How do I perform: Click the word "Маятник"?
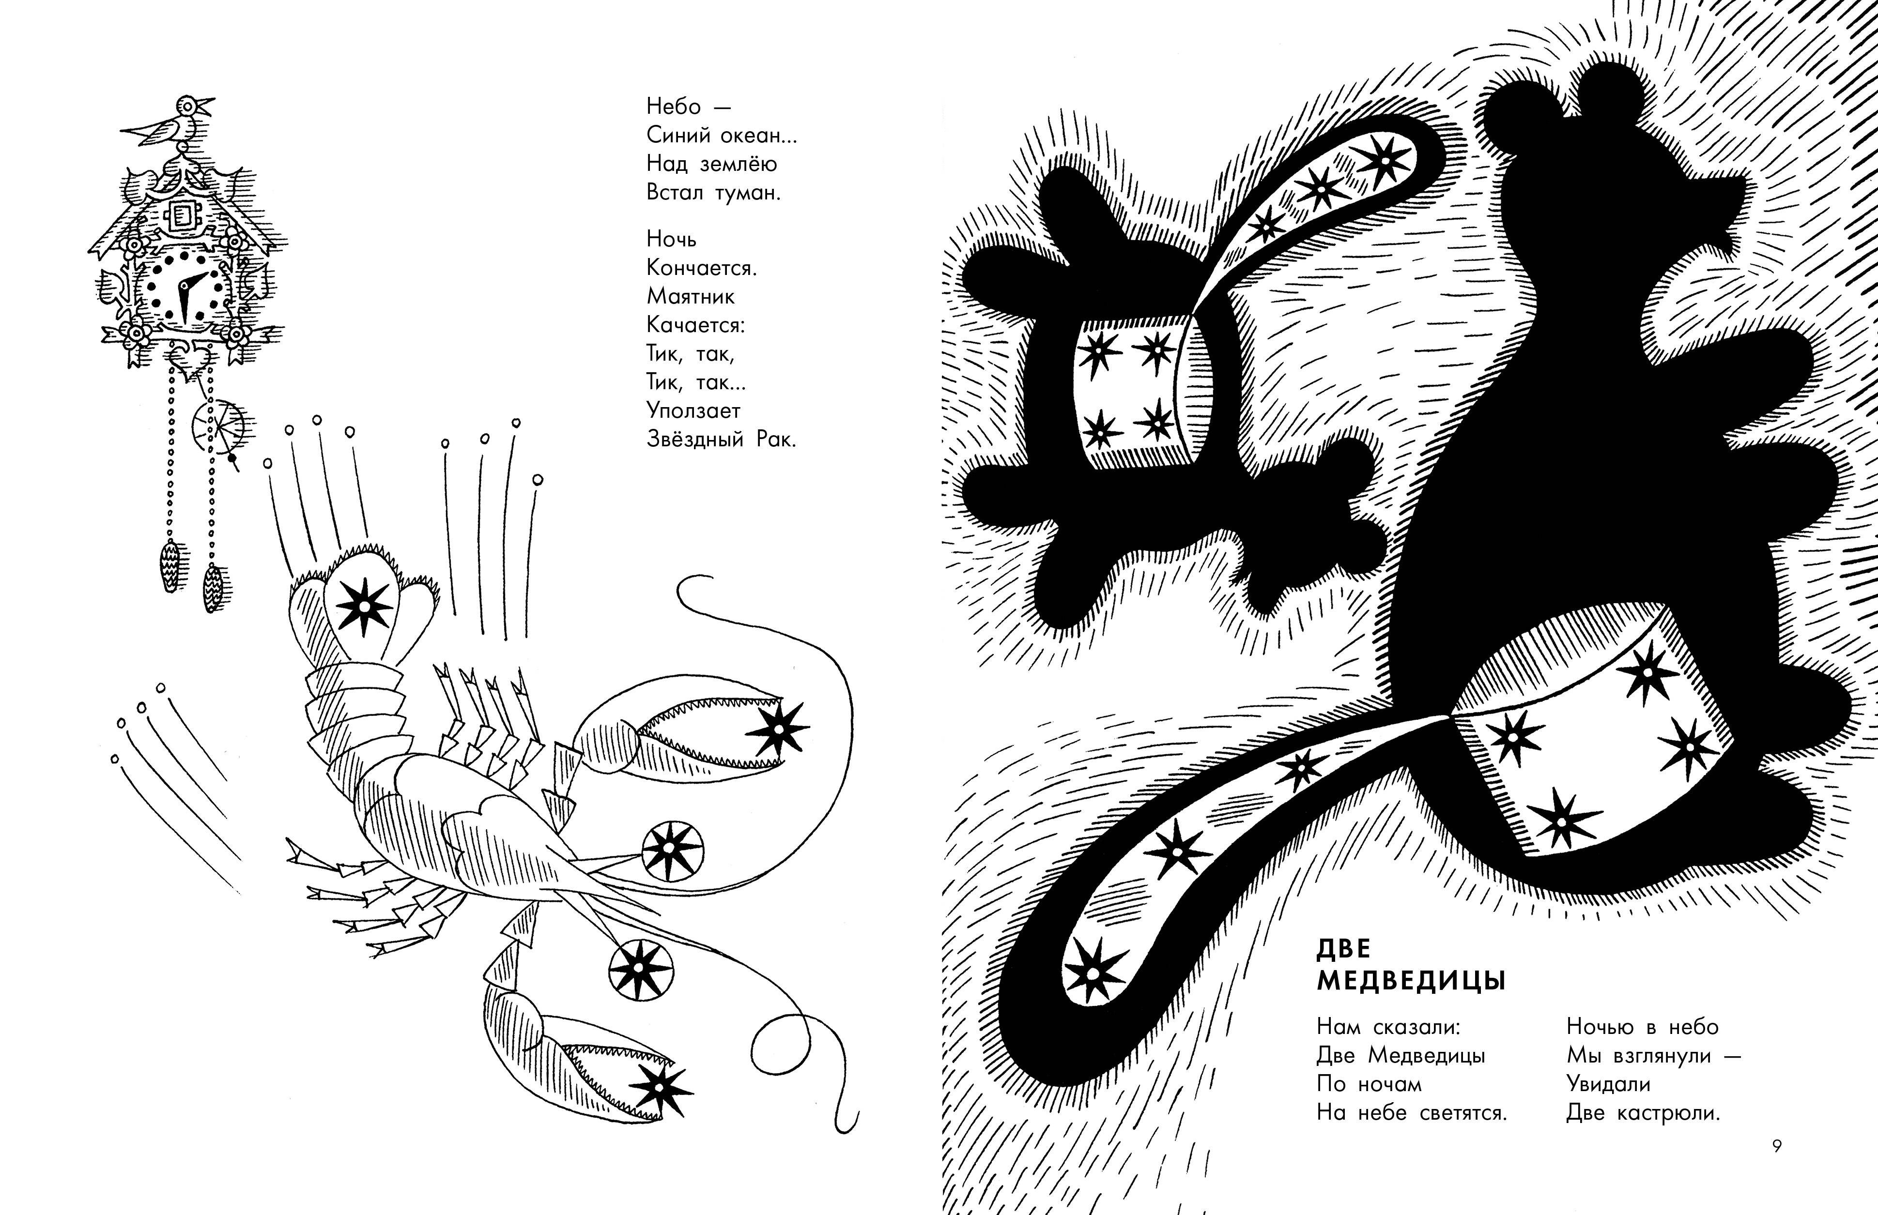tap(691, 297)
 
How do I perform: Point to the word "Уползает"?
tap(693, 411)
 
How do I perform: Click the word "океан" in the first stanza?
tap(751, 135)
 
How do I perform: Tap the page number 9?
tap(1777, 1146)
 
